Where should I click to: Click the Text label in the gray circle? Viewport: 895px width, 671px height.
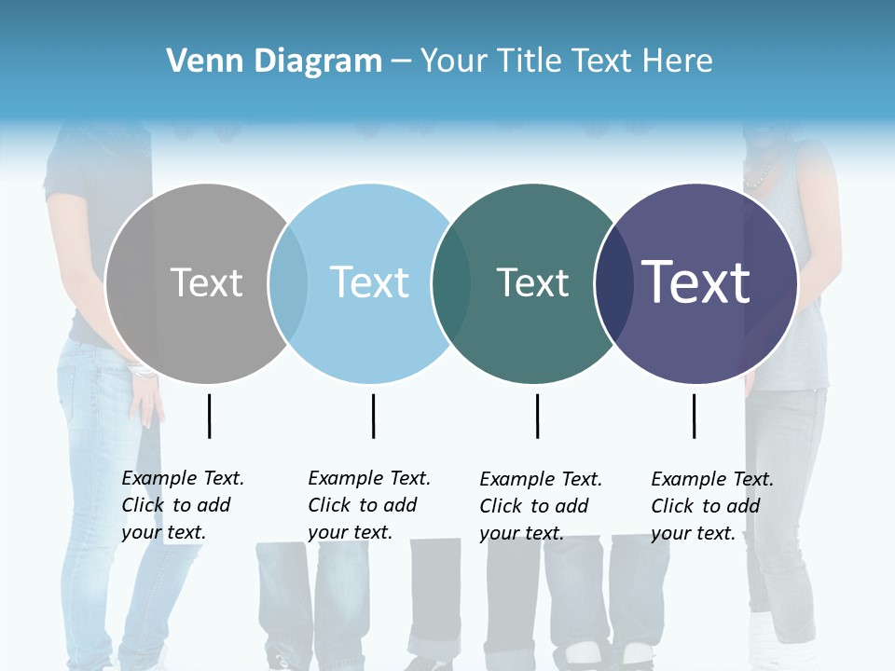(x=206, y=282)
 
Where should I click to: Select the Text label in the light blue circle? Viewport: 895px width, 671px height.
(x=370, y=282)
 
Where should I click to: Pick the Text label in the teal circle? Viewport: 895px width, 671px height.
(x=532, y=282)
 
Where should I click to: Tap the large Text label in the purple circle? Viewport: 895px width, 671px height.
(x=696, y=282)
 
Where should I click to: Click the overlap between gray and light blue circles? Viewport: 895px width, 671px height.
(x=288, y=283)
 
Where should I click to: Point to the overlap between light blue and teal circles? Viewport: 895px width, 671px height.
(x=451, y=283)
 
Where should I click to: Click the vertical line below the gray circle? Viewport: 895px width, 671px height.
(x=209, y=416)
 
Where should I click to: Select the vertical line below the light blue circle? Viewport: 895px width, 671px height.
(x=373, y=416)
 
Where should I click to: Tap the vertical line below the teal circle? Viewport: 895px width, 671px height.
(x=537, y=416)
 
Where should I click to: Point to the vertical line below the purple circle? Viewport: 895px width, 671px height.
(x=694, y=416)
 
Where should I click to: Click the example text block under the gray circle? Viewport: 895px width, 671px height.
(x=183, y=505)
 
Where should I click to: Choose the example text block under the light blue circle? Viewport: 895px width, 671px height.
(x=369, y=505)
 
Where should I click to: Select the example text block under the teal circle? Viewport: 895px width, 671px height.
(x=541, y=506)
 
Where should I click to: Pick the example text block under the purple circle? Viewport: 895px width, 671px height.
(x=712, y=506)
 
